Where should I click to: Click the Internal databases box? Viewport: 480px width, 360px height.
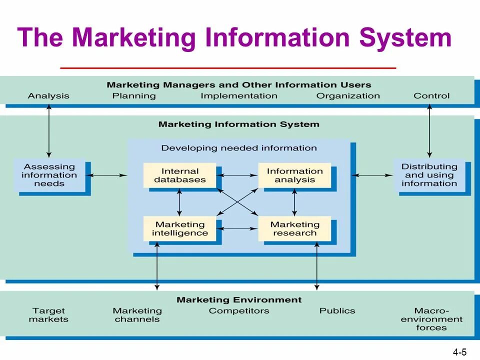pos(179,175)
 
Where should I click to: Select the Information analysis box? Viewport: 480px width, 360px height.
pos(294,175)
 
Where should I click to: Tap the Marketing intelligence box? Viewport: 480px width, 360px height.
pos(179,228)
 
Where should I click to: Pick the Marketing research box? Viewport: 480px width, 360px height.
pos(294,228)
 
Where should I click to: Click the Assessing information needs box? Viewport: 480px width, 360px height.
pos(49,175)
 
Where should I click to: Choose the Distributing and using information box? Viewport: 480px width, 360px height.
pos(429,175)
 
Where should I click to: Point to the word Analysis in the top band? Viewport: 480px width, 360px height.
pos(48,96)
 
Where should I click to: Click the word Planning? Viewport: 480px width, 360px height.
pos(134,96)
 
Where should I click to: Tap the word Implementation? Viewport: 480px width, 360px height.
pos(239,96)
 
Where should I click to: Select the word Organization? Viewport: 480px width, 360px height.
pos(348,96)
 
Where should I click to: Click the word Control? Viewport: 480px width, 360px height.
pos(431,96)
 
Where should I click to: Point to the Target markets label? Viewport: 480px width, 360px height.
pos(48,315)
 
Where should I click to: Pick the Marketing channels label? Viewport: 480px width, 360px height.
pos(137,315)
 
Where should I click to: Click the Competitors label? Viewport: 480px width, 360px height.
pos(239,311)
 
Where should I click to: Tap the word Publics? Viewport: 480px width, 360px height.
pos(337,311)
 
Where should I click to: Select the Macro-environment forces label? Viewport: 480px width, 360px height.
pos(431,319)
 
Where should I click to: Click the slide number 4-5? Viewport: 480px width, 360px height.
pos(459,352)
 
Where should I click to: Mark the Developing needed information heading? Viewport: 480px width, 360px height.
pos(239,148)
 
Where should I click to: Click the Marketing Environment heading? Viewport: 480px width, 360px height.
pos(239,300)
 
